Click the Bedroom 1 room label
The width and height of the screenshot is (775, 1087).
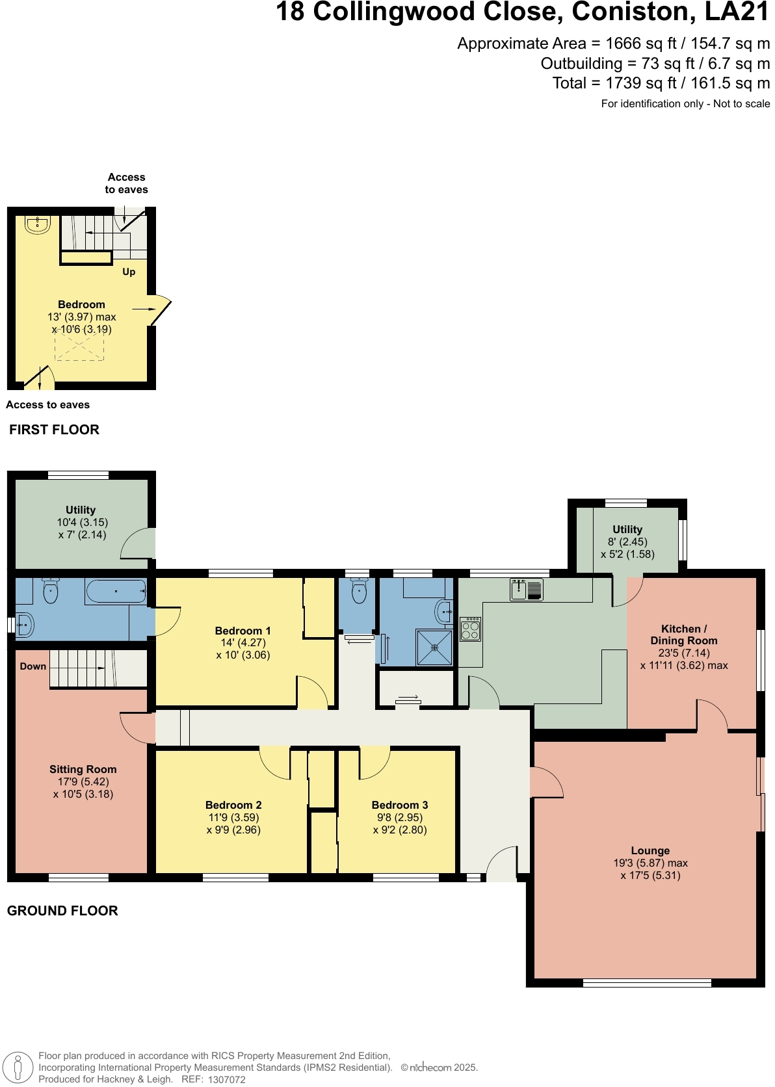243,631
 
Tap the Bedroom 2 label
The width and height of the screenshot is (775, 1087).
233,805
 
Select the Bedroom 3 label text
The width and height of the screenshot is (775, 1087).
399,805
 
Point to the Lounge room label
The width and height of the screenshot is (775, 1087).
650,850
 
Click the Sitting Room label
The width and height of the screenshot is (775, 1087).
83,769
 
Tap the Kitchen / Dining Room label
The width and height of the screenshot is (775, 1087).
684,635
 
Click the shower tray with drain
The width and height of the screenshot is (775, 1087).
434,648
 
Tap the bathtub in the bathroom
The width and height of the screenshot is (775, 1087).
116,592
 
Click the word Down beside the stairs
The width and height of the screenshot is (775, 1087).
33,666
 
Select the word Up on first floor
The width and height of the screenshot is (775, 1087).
129,272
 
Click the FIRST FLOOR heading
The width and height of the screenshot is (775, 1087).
54,430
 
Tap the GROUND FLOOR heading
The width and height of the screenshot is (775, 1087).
62,911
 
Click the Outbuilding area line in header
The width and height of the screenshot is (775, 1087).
655,64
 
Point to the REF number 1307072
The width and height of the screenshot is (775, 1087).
226,1079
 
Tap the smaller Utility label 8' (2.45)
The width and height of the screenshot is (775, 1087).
627,542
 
